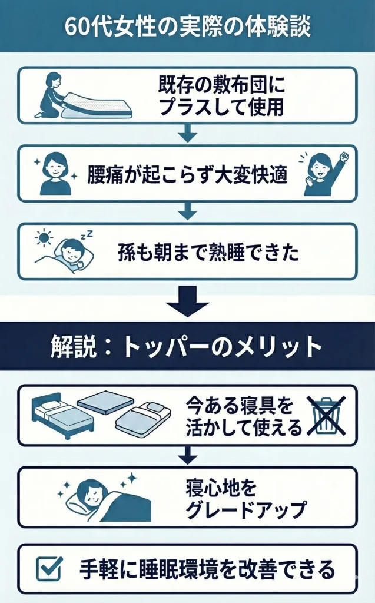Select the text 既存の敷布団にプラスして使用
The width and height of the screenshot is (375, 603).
pos(221,96)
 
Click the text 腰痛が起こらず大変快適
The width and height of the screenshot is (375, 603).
pos(187,175)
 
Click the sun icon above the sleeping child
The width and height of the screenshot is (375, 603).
pos(43,237)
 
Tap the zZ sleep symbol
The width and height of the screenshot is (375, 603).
pos(87,234)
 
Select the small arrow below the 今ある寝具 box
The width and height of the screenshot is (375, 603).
pos(187,455)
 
